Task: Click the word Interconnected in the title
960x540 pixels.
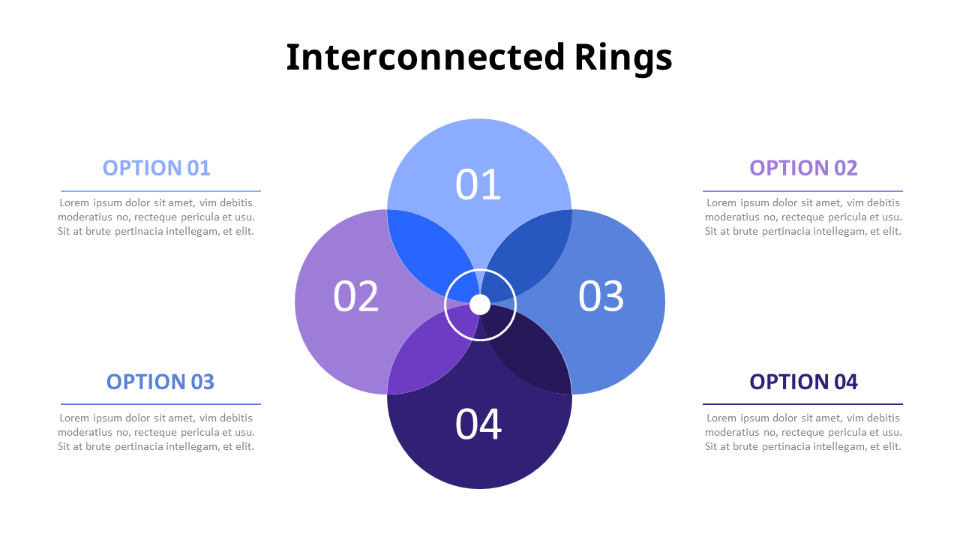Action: pos(424,58)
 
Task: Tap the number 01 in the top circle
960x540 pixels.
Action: pos(478,184)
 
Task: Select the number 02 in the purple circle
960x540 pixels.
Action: pos(356,296)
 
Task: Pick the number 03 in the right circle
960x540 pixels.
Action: pos(601,296)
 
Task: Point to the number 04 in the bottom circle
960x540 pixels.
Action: pos(478,424)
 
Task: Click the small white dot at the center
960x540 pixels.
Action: pos(480,304)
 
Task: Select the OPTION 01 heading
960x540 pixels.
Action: pos(157,168)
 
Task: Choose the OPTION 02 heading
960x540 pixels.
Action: pos(803,168)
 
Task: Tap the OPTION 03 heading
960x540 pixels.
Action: pos(160,382)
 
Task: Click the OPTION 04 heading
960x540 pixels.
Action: pos(803,382)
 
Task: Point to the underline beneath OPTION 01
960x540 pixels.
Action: pos(160,191)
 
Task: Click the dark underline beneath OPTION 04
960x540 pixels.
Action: pos(802,404)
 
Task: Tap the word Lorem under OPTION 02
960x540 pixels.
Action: pos(721,202)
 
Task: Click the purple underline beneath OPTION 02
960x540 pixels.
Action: pos(802,191)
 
